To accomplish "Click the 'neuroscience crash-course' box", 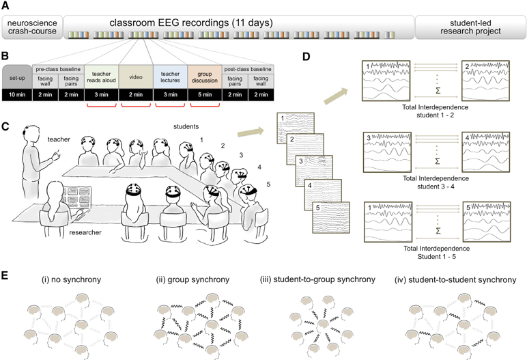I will [31, 27].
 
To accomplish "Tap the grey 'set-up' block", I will [17, 77].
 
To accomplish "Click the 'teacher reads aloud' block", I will [101, 77].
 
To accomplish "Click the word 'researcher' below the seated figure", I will [85, 233].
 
